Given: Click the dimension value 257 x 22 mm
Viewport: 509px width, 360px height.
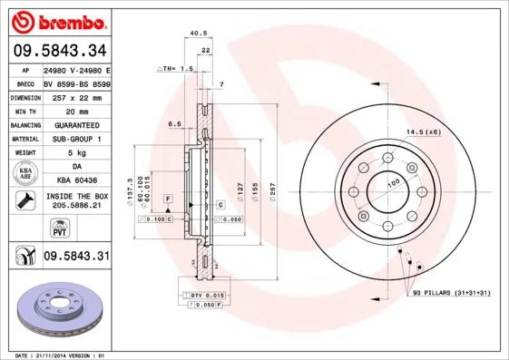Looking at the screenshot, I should click(76, 95).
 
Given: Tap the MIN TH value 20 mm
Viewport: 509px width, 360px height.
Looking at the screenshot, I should click(76, 109).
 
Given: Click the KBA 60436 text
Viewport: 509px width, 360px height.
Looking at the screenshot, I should click(76, 180).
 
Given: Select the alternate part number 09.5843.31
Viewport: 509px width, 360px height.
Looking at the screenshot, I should click(76, 257).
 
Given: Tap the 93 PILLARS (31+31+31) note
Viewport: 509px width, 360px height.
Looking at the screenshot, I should click(450, 294).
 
